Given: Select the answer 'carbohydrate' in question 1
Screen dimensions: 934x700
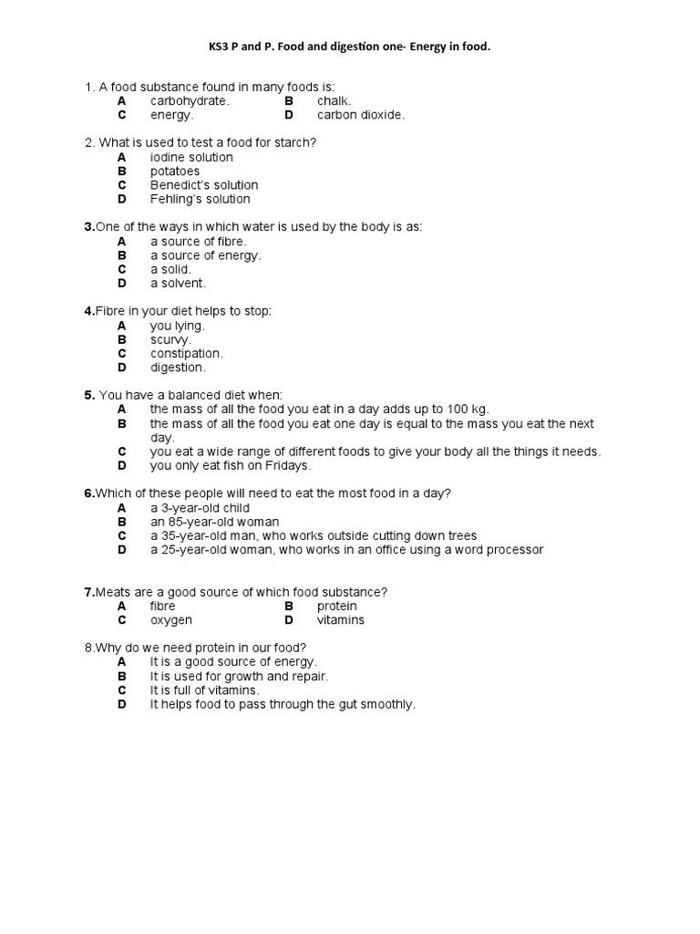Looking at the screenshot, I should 189,101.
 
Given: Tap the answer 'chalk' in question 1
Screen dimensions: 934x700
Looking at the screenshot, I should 334,101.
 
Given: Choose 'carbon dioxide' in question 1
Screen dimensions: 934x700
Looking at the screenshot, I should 360,115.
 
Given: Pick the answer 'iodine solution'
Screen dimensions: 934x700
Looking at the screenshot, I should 191,157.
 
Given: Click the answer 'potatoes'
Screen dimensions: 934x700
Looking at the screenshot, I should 175,171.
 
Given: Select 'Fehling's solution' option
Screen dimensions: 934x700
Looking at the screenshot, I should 200,199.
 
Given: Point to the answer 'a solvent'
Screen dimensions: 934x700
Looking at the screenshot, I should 178,283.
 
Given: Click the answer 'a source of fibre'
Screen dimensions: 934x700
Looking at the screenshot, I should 198,242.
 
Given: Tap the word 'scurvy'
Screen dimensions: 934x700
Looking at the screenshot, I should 170,339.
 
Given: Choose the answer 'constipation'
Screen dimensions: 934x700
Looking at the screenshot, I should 186,353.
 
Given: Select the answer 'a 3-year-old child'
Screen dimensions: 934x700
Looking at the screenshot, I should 200,508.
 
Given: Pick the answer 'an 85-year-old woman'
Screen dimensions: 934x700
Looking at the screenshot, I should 214,522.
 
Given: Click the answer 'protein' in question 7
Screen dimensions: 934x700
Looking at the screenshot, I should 336,606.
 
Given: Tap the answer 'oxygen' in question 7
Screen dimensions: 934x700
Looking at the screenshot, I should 171,619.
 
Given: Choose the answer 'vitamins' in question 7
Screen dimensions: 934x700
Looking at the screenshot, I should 340,619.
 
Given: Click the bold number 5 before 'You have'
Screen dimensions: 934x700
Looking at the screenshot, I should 89,395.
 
